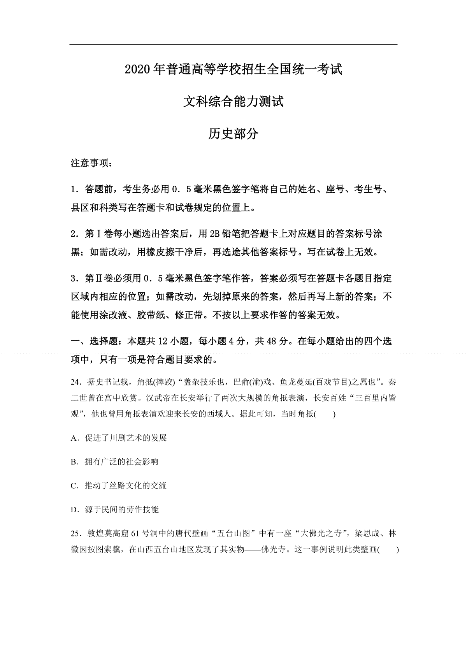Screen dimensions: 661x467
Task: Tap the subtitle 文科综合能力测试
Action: click(233, 102)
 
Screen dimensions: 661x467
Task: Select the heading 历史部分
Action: click(233, 134)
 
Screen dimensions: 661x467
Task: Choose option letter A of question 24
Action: click(74, 438)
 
